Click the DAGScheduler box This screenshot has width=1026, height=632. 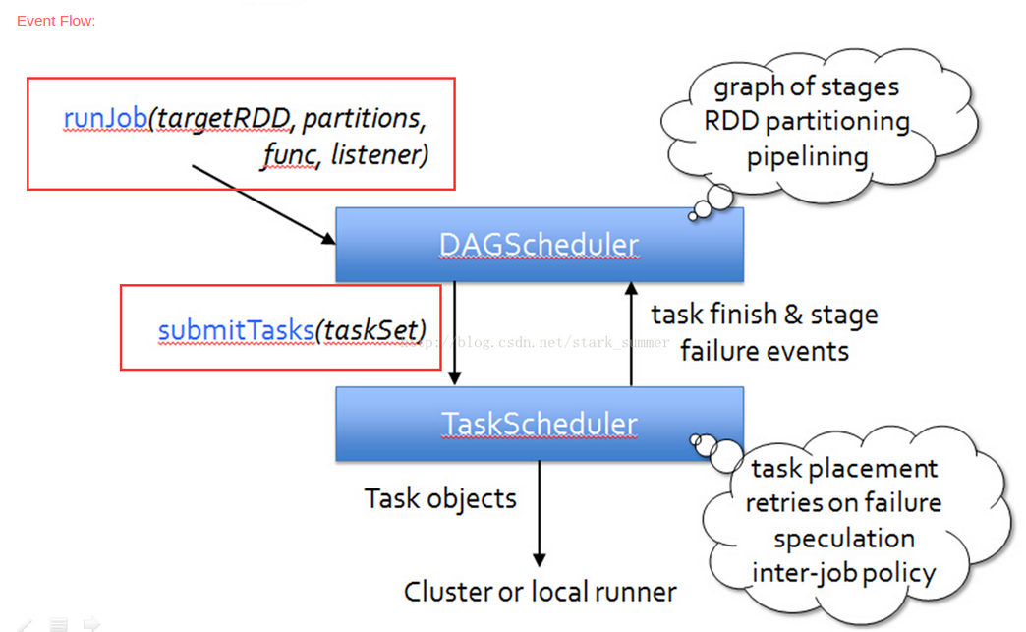[539, 244]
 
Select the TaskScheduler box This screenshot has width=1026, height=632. [539, 424]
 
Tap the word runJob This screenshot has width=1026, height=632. [105, 118]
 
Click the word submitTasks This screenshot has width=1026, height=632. [236, 330]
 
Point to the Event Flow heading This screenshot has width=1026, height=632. [56, 21]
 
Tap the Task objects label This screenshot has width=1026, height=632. [440, 498]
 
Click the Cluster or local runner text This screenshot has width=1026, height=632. [540, 592]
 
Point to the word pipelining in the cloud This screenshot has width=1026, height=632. [807, 157]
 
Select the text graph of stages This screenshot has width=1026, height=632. [806, 87]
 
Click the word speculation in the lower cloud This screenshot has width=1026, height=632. [843, 539]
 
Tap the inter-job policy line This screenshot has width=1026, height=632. [843, 573]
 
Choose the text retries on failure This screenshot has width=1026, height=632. [843, 503]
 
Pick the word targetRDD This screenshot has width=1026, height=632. [224, 118]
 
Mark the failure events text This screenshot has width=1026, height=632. [765, 351]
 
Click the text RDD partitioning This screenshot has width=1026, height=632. [807, 122]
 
